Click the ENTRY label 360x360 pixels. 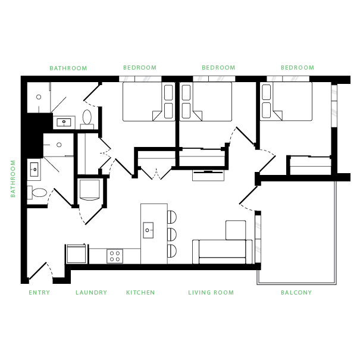pyautogui.click(x=39, y=293)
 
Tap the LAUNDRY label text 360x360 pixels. pyautogui.click(x=91, y=293)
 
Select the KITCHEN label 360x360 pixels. pyautogui.click(x=140, y=293)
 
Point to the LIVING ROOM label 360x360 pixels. pyautogui.click(x=211, y=293)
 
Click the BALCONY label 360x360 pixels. pyautogui.click(x=296, y=293)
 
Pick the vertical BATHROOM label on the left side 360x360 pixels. pyautogui.click(x=12, y=178)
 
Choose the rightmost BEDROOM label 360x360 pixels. pyautogui.click(x=297, y=68)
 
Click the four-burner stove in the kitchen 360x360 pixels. pyautogui.click(x=114, y=256)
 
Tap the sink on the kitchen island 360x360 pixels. pyautogui.click(x=149, y=228)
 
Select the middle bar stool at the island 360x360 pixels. pyautogui.click(x=172, y=233)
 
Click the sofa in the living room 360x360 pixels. pyautogui.click(x=221, y=251)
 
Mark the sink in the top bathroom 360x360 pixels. pyautogui.click(x=63, y=123)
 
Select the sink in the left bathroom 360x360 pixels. pyautogui.click(x=33, y=169)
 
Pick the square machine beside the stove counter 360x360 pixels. pyautogui.click(x=77, y=253)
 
